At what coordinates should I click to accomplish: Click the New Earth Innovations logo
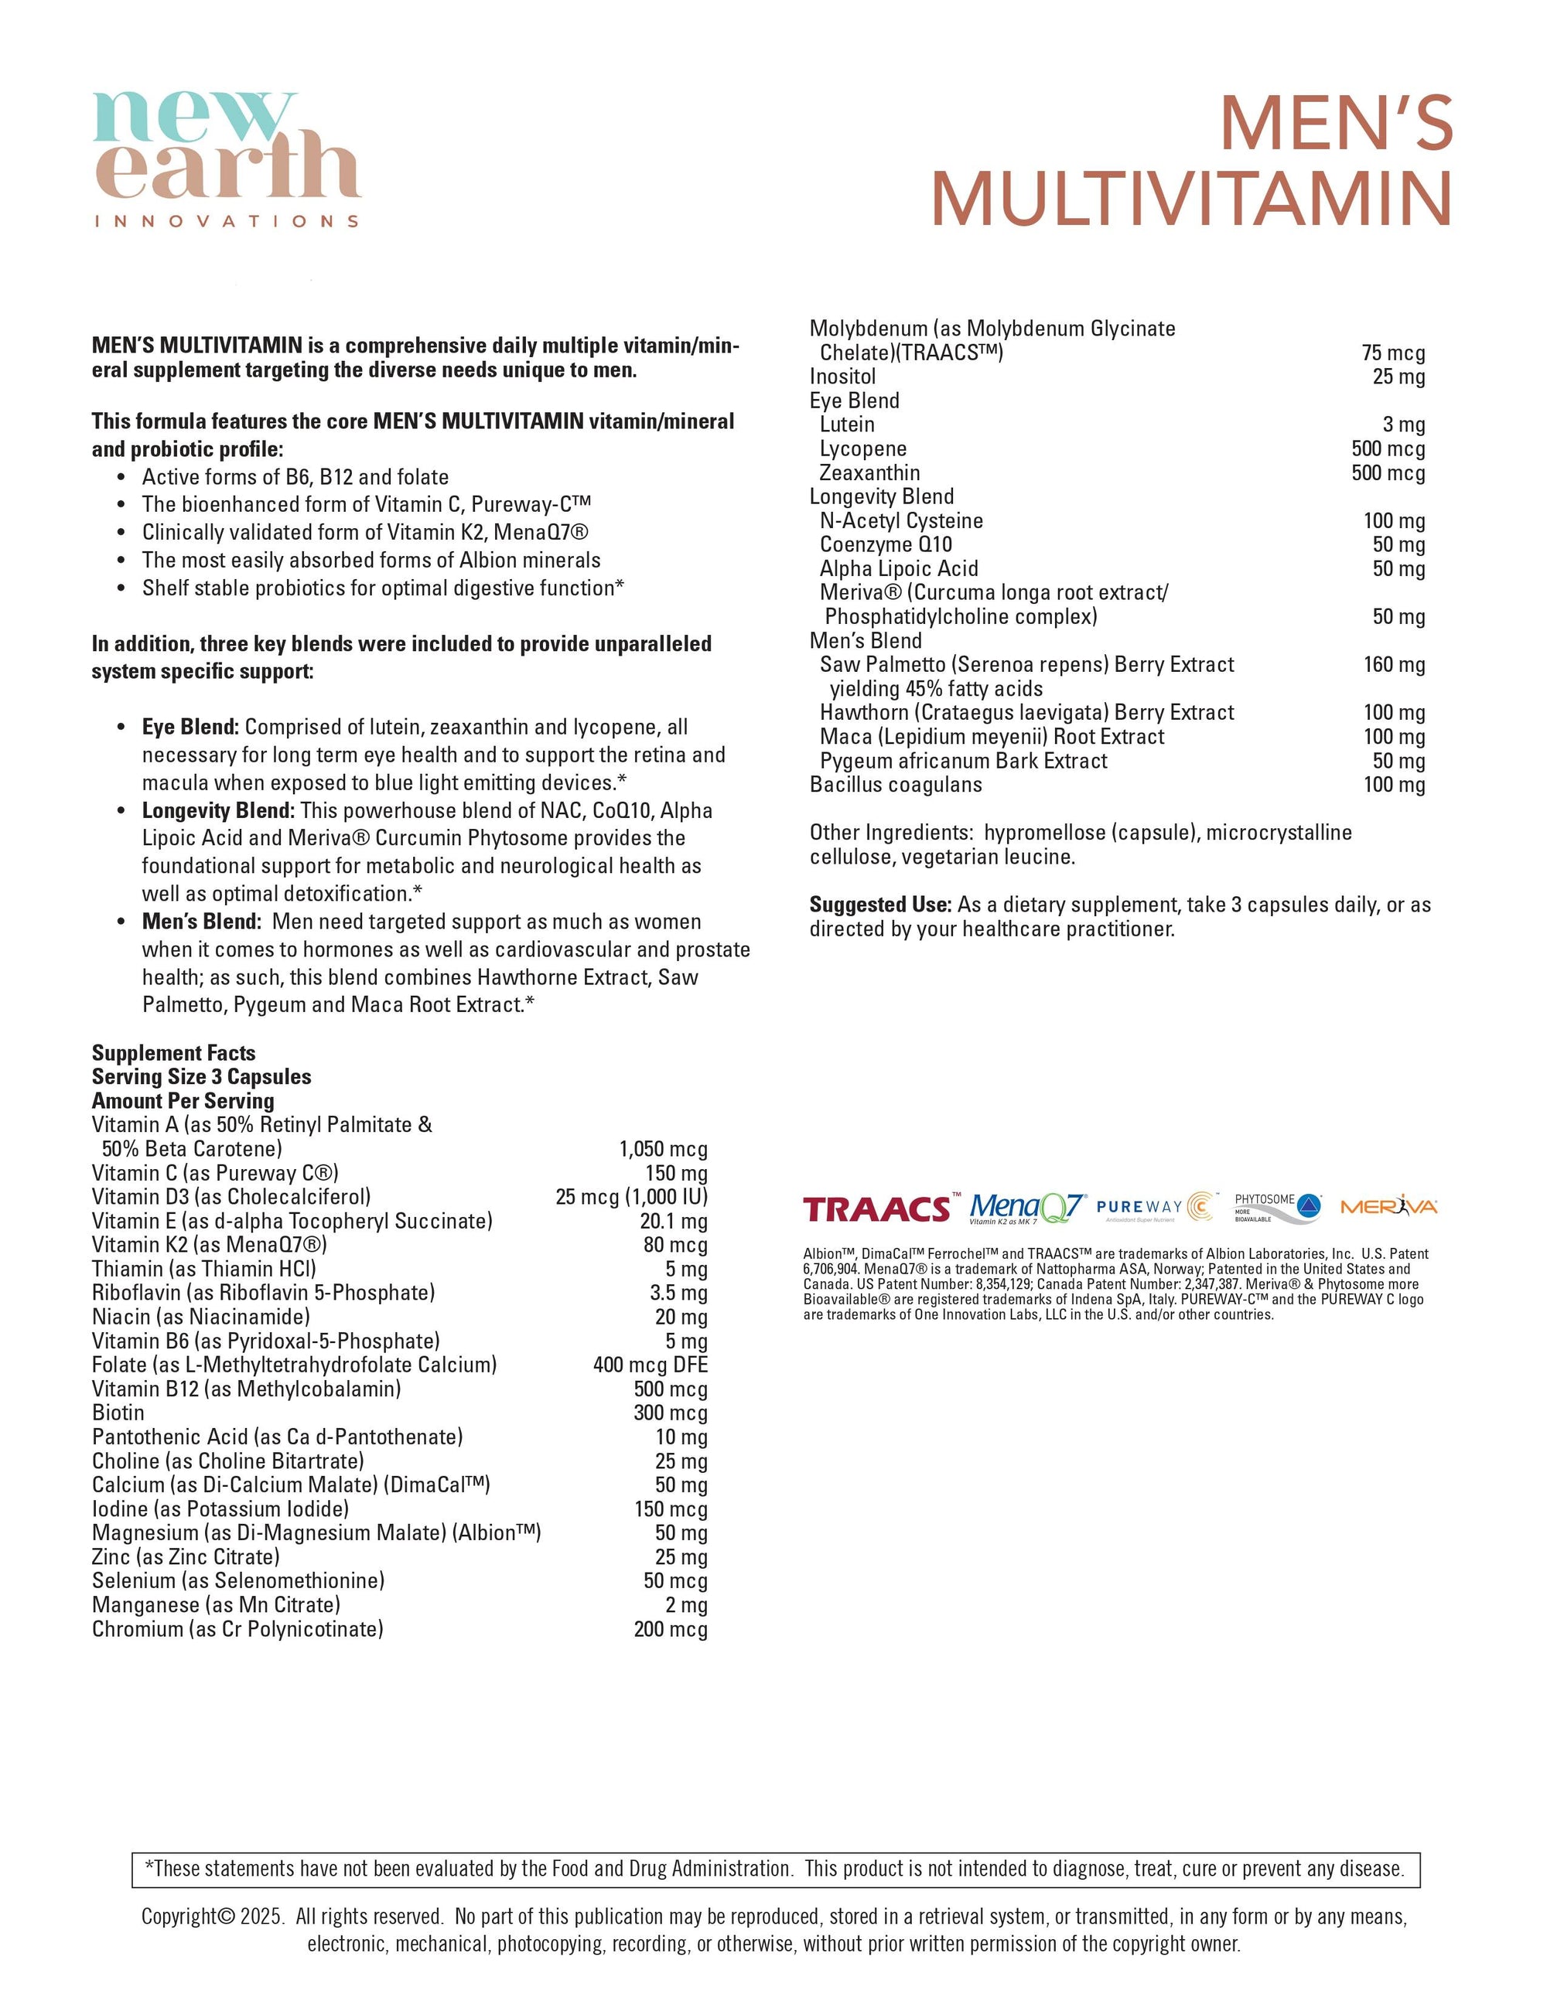coord(227,158)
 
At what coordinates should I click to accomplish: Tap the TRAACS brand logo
coord(877,1209)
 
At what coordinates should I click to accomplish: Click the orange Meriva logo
coord(1388,1207)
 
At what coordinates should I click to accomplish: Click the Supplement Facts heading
coord(173,1053)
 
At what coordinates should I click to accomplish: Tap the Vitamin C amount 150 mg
coord(675,1173)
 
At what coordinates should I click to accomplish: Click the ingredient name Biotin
coord(118,1413)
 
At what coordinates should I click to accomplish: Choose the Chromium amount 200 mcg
coord(670,1629)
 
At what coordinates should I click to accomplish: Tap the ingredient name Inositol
coord(842,377)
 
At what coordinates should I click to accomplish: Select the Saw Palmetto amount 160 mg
coord(1394,664)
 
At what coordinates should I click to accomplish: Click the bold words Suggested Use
coord(879,905)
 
